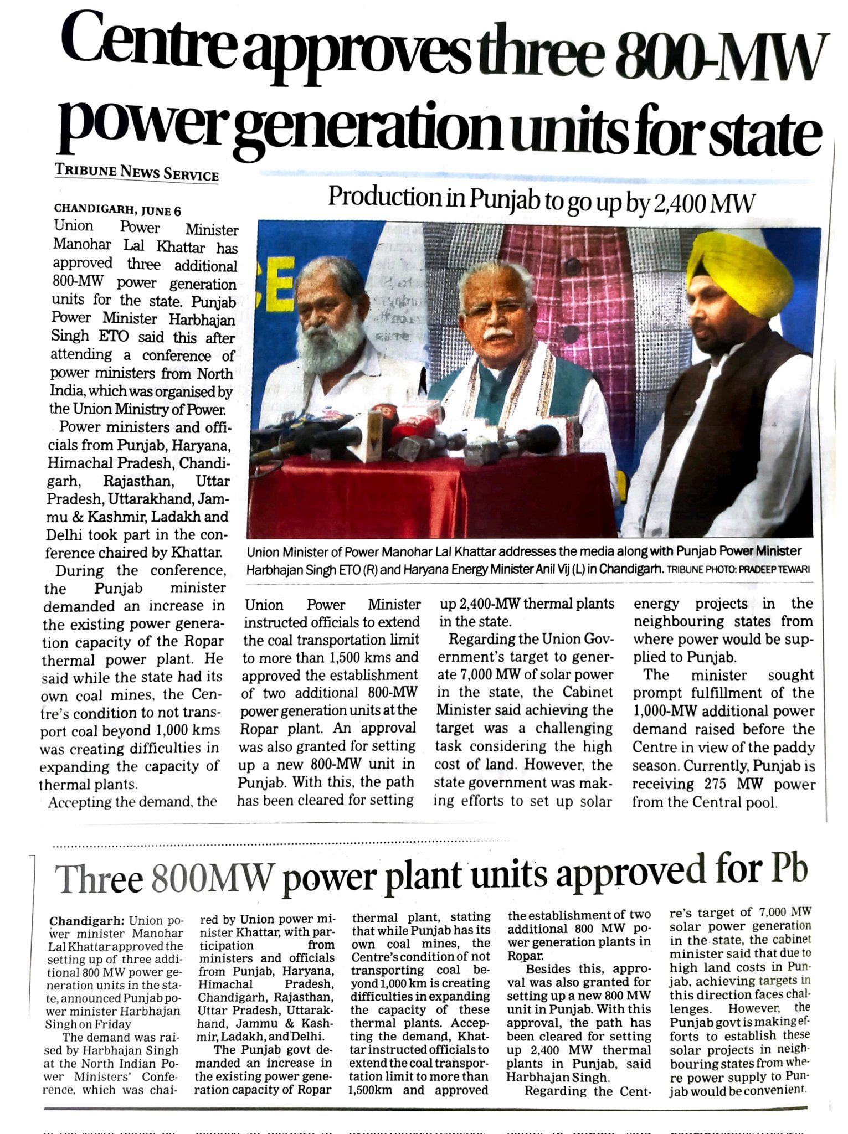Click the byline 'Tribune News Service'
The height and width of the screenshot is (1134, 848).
click(x=137, y=172)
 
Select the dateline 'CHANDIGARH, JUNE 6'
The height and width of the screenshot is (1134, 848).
click(x=117, y=210)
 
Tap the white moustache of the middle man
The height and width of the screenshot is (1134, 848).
click(x=497, y=334)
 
